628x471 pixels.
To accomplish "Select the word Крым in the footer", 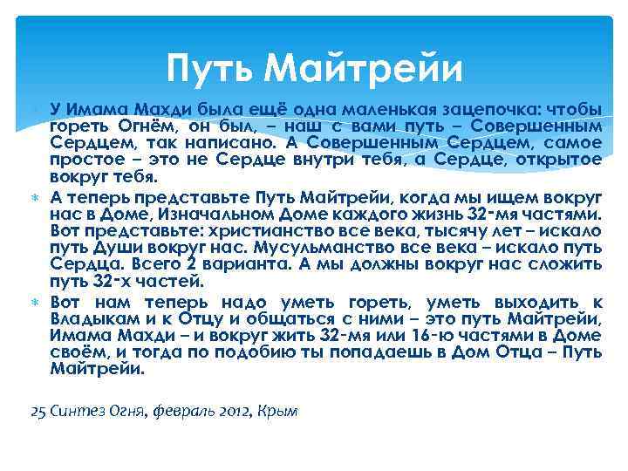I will pyautogui.click(x=278, y=410).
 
